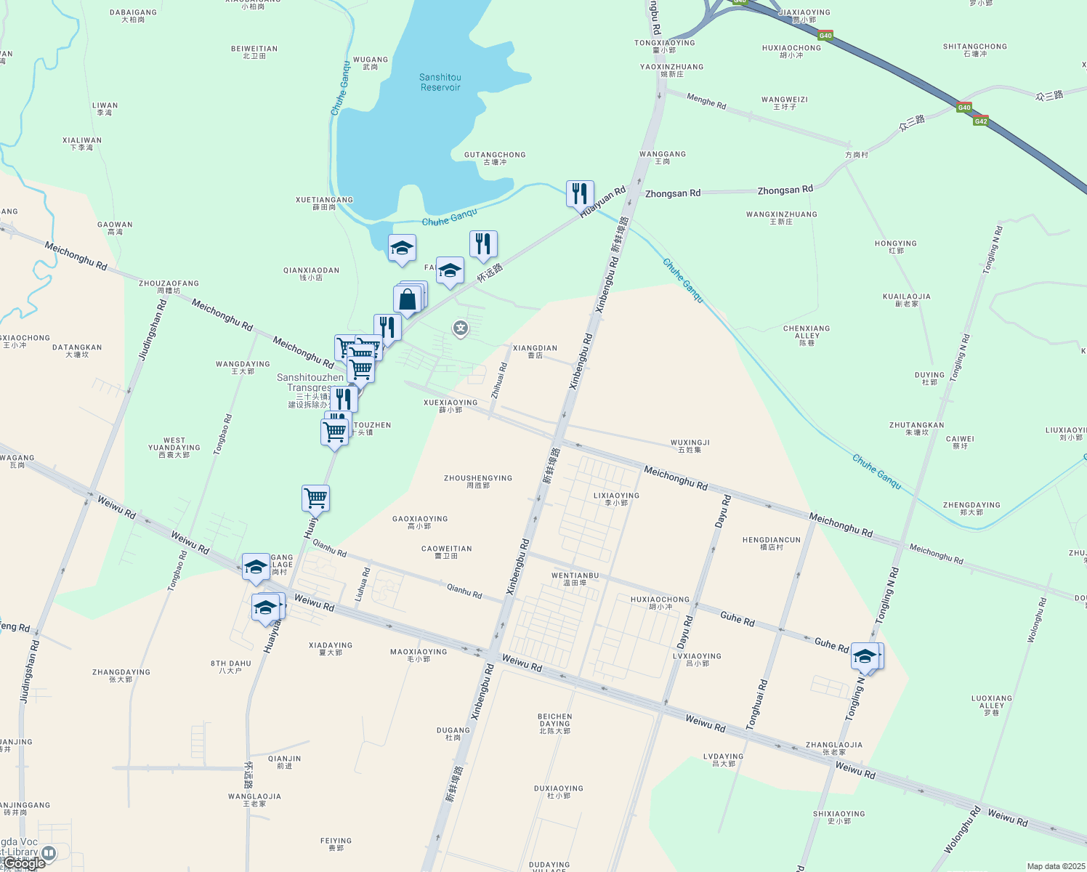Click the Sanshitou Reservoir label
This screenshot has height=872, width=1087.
click(x=440, y=82)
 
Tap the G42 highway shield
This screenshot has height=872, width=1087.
click(x=981, y=121)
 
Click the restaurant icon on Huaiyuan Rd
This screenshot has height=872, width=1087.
click(x=580, y=194)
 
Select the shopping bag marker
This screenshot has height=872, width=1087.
click(x=408, y=299)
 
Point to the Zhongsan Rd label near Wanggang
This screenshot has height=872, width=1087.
click(x=673, y=193)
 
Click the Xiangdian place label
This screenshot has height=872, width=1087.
click(x=535, y=352)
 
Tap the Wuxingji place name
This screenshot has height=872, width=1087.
click(x=690, y=445)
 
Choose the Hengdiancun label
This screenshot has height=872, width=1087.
click(x=772, y=544)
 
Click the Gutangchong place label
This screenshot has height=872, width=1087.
click(x=495, y=158)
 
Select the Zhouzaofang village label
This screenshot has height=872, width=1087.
click(x=169, y=287)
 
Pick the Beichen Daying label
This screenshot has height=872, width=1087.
click(x=555, y=723)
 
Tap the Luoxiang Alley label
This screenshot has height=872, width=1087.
click(x=992, y=705)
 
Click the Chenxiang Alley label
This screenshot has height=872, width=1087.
click(x=807, y=335)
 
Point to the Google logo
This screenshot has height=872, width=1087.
click(x=25, y=863)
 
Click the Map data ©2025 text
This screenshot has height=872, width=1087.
click(x=1054, y=866)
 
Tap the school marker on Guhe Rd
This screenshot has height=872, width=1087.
click(x=866, y=657)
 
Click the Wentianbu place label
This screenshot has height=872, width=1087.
click(x=575, y=578)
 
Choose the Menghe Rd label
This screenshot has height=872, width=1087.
click(x=706, y=102)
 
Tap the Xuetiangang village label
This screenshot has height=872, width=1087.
click(x=324, y=203)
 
